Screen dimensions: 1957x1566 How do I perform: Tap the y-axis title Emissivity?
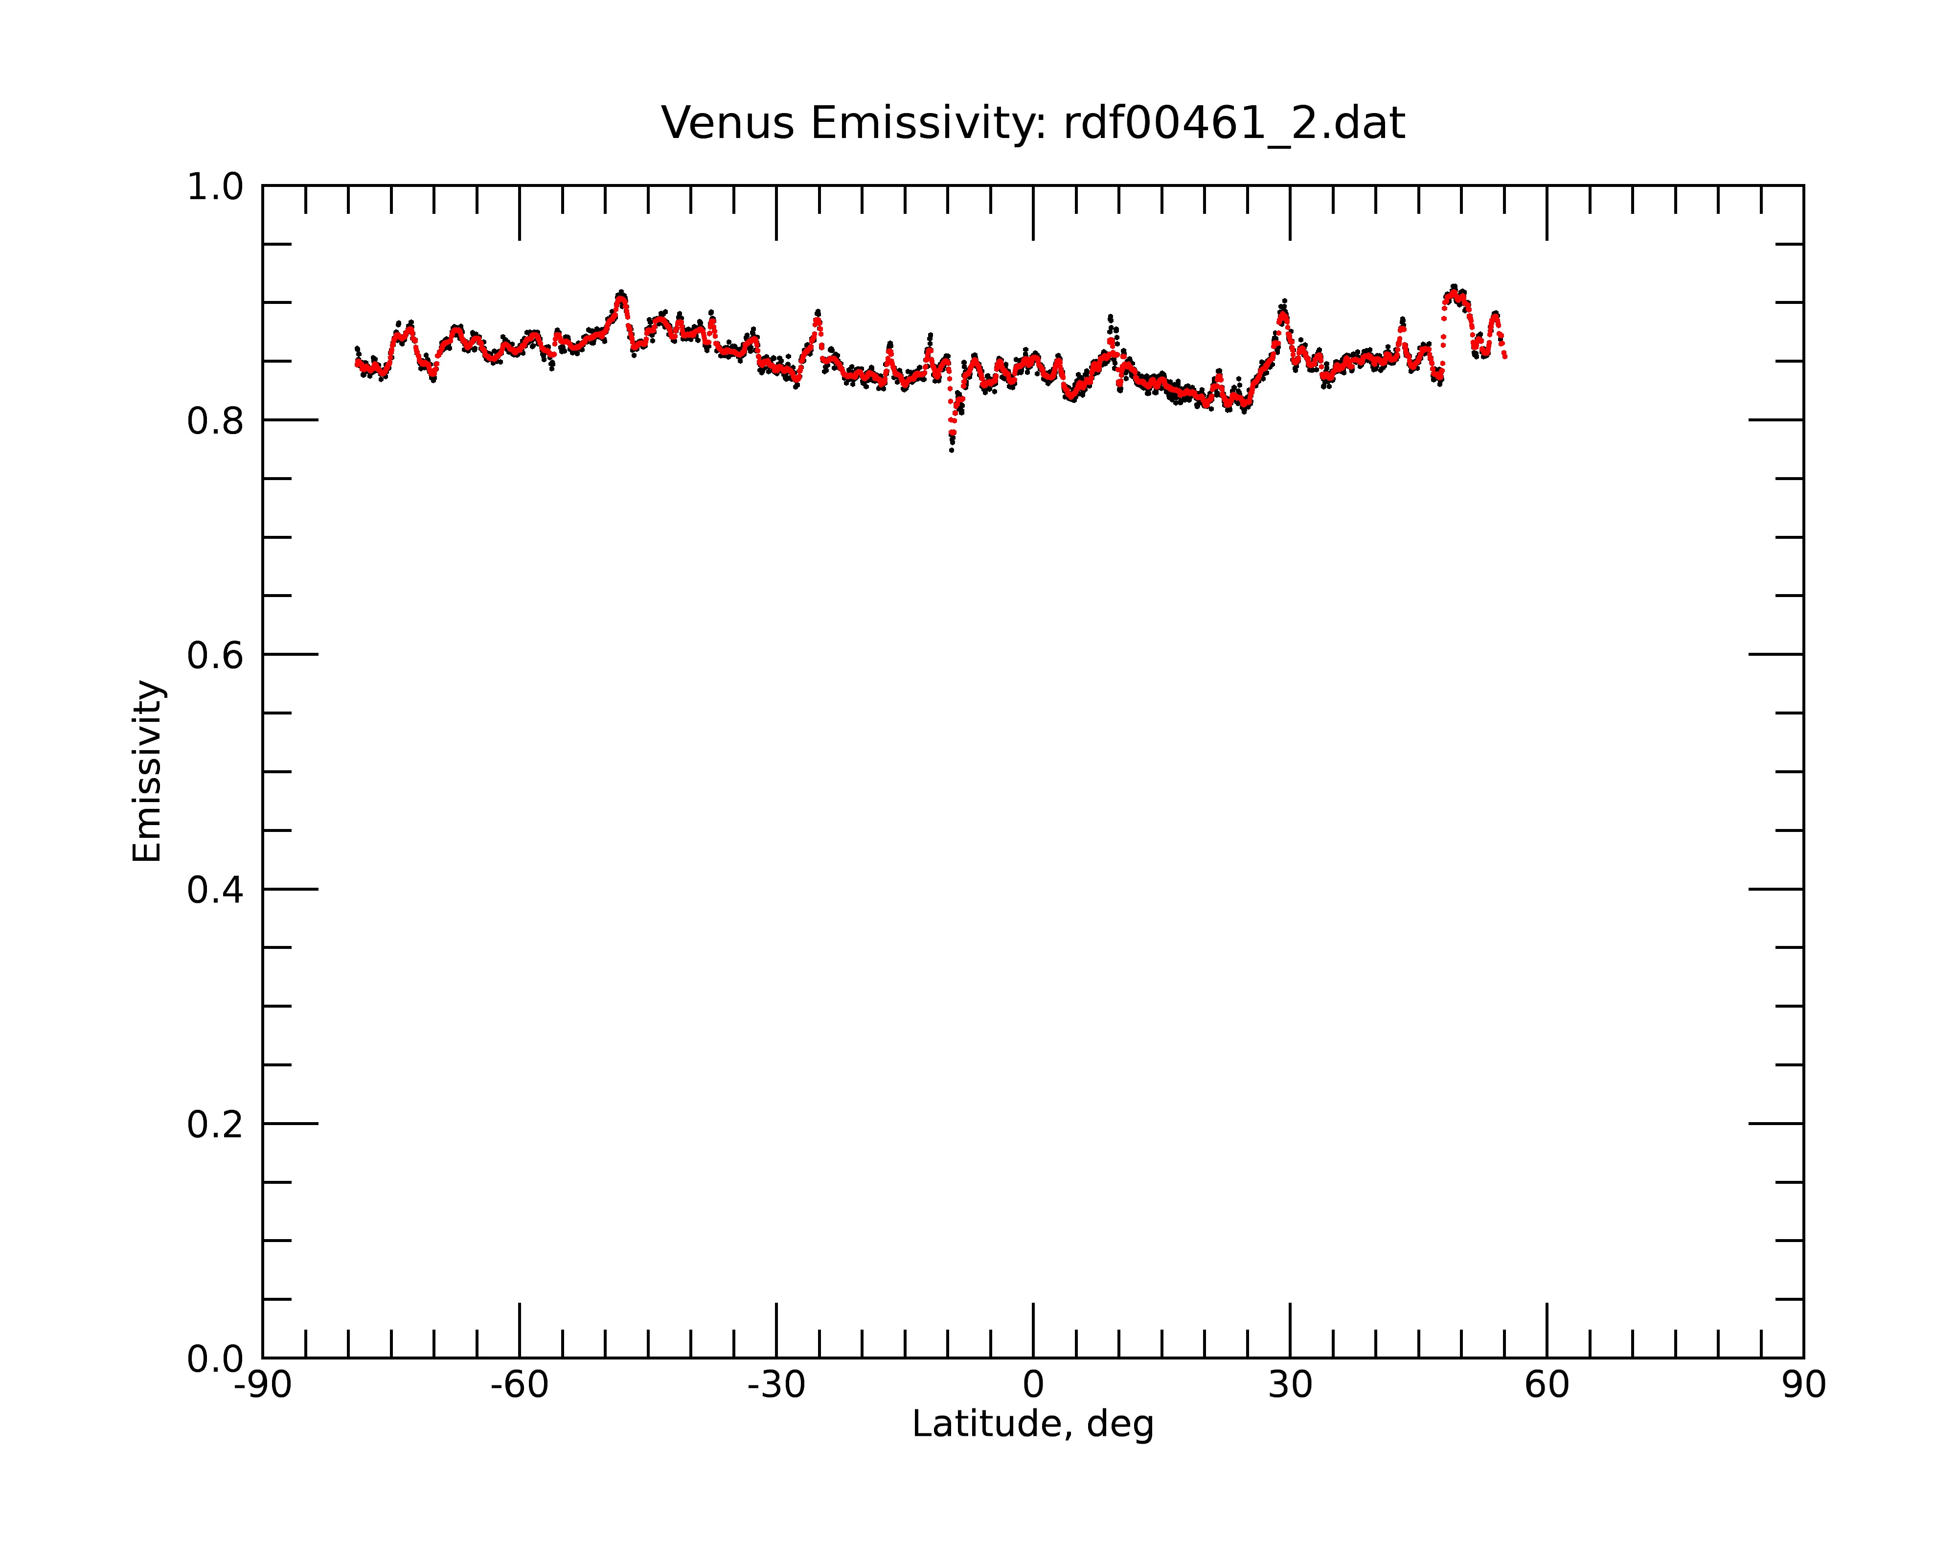tap(147, 771)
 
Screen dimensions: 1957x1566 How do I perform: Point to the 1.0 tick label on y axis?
tap(215, 187)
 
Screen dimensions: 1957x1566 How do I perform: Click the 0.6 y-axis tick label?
tap(215, 655)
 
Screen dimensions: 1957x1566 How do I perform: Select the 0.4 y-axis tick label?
tap(215, 890)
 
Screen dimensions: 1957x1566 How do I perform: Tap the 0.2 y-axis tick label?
tap(215, 1124)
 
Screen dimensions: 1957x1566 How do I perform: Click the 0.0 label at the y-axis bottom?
tap(215, 1359)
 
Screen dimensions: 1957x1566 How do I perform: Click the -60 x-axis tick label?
tap(519, 1385)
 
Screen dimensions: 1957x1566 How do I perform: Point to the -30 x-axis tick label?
tap(776, 1385)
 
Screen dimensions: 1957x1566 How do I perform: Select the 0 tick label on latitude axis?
tap(1033, 1385)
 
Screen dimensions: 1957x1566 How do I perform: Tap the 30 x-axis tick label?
tap(1290, 1385)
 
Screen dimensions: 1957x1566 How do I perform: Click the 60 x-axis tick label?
tap(1547, 1385)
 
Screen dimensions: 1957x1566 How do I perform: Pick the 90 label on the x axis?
tap(1803, 1385)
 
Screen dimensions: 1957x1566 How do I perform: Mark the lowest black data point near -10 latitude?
tap(951, 450)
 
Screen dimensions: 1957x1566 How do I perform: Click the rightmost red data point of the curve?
tap(1505, 357)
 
